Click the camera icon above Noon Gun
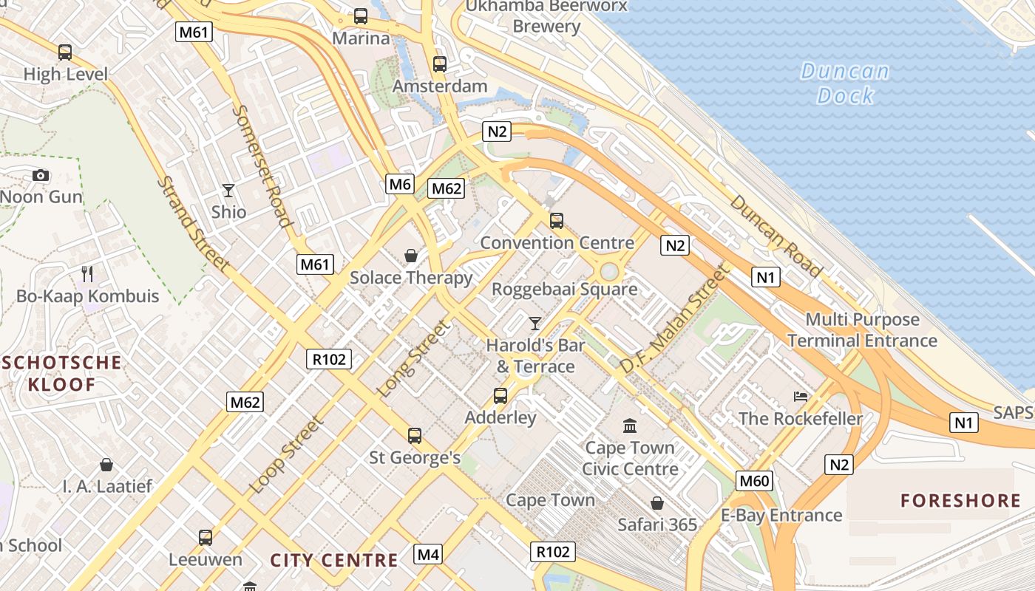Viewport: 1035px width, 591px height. tap(41, 175)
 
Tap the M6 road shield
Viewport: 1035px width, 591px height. tap(400, 184)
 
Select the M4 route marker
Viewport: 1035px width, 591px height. tap(428, 554)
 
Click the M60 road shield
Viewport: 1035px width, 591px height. tap(754, 482)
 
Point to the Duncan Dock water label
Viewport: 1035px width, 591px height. tap(844, 83)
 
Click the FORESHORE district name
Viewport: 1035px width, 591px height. tap(960, 501)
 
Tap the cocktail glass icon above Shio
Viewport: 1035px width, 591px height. tap(228, 191)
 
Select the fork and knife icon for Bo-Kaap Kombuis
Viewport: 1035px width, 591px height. tap(87, 274)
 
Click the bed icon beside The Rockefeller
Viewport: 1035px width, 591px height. tap(801, 397)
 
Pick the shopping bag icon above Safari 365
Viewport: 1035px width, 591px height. tap(657, 503)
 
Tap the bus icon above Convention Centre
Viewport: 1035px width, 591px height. tap(557, 221)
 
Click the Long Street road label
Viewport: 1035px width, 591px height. tap(413, 359)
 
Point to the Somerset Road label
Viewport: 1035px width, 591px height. tap(261, 165)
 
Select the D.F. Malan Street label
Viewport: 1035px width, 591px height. tap(673, 319)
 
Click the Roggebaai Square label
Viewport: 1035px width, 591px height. tap(564, 289)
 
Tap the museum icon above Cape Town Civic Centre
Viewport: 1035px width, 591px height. tap(630, 426)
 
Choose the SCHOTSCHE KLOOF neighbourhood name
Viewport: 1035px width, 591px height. tap(62, 373)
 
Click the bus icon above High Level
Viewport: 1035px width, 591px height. tap(65, 52)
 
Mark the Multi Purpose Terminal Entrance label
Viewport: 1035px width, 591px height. tap(862, 330)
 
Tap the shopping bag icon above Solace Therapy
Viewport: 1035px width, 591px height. tap(411, 256)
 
